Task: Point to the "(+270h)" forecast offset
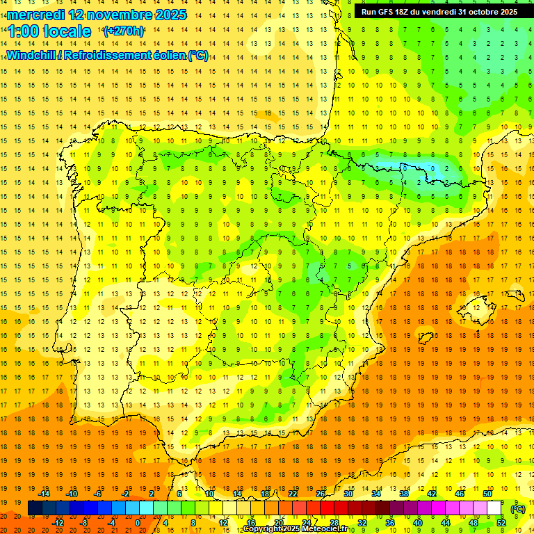124,31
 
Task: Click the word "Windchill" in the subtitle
30,55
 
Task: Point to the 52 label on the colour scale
501,523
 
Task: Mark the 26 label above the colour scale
321,494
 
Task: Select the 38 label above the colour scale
404,494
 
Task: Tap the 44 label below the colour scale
446,523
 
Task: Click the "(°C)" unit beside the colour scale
518,509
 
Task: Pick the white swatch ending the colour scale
494,508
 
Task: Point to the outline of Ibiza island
425,337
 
